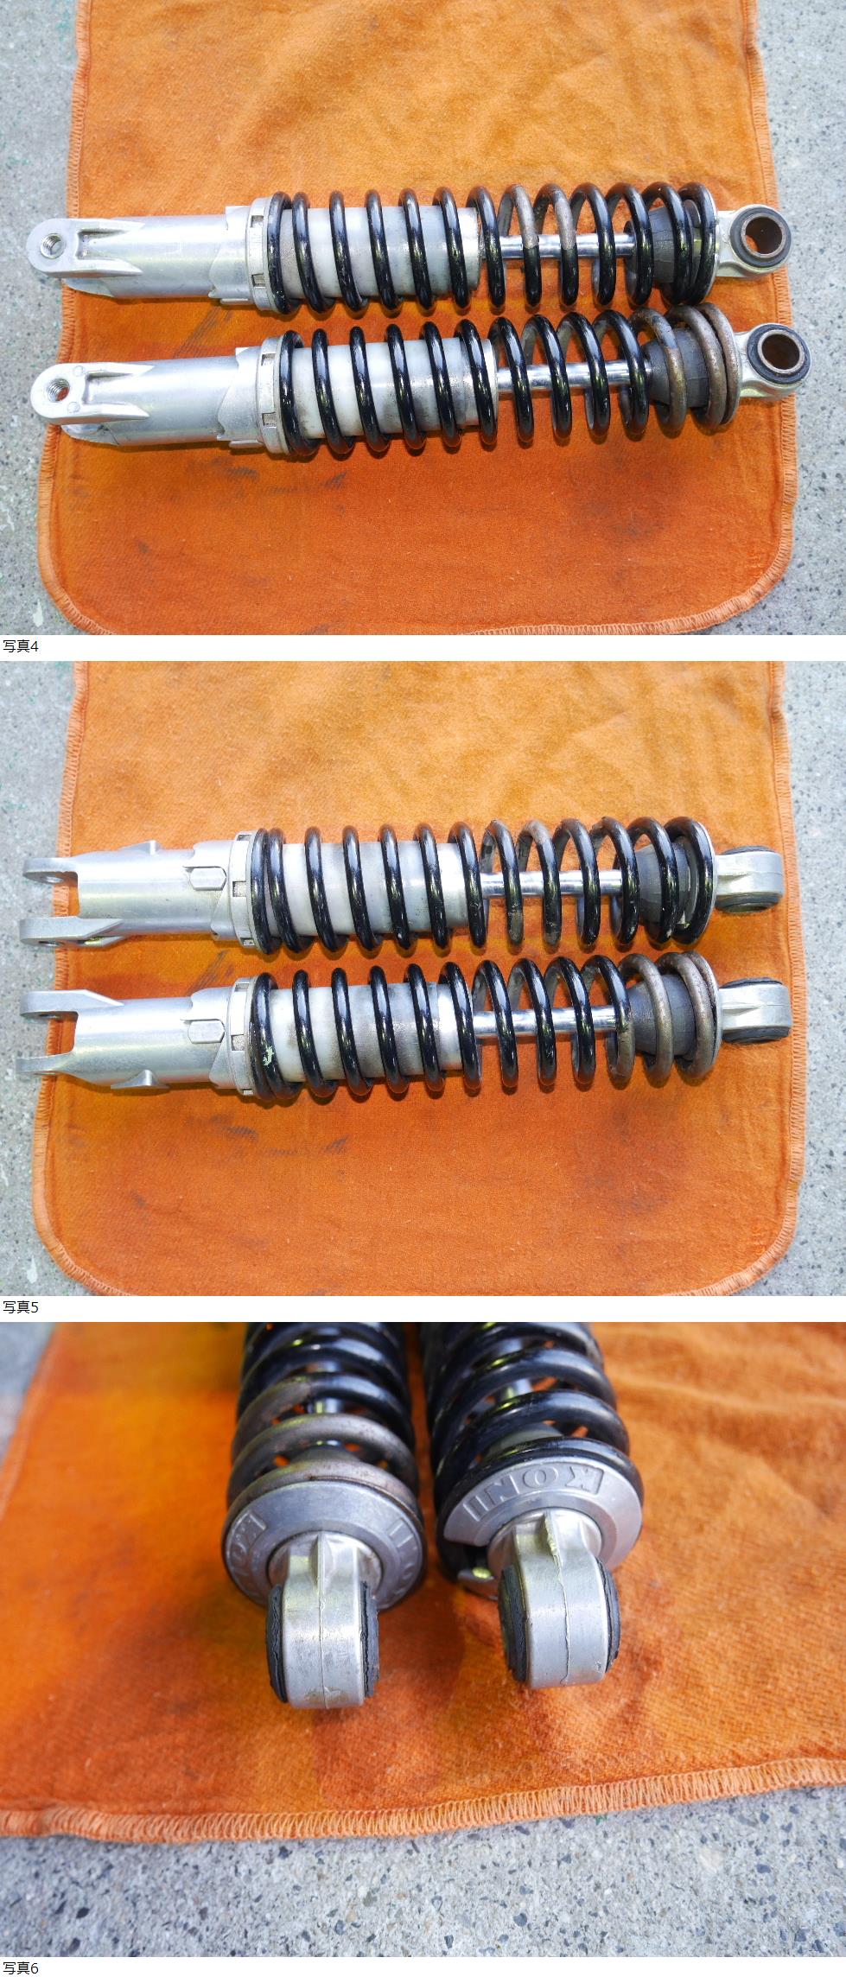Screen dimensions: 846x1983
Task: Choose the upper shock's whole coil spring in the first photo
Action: pyautogui.click(x=493, y=246)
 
